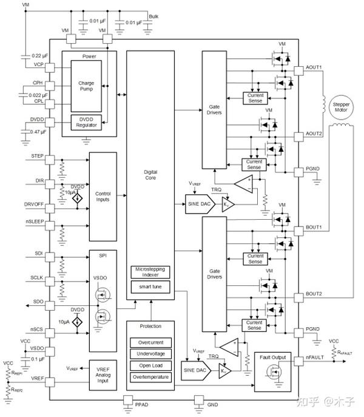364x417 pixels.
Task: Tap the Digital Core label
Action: [x=150, y=175]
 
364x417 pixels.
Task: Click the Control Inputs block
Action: [x=102, y=195]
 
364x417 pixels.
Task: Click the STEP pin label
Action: [x=38, y=156]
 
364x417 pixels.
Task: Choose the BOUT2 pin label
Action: [x=314, y=294]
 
